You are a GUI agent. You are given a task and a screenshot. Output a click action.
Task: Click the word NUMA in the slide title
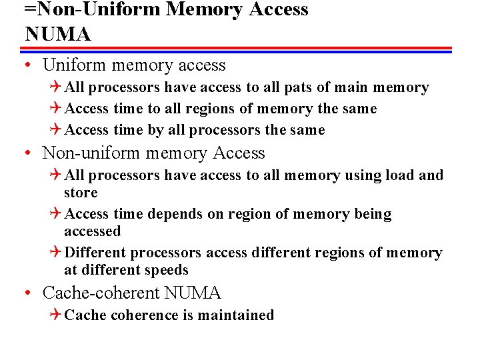[57, 34]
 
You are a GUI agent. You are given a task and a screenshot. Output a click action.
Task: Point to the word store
[81, 193]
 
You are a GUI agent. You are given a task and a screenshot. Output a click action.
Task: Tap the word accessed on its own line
[92, 231]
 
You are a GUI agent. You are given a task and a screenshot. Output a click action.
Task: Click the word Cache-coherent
[101, 293]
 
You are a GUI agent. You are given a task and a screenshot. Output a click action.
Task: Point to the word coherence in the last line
[143, 315]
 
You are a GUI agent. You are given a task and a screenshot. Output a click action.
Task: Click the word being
[373, 214]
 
